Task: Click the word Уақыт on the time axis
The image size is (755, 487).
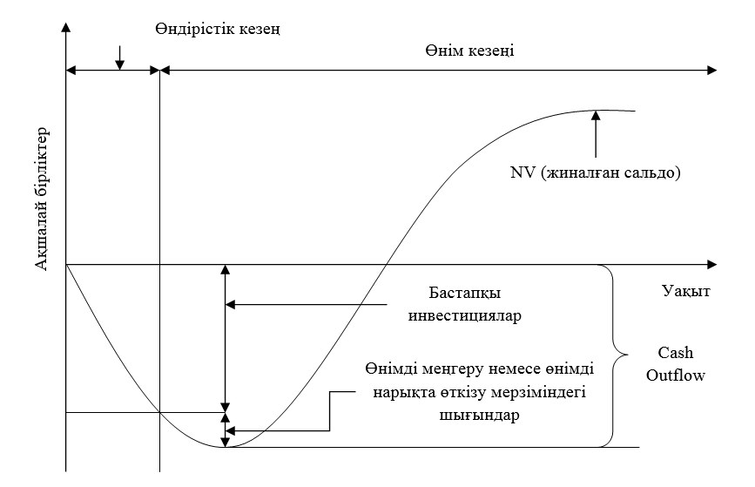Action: click(x=684, y=291)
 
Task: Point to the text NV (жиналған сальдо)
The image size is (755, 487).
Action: click(x=595, y=172)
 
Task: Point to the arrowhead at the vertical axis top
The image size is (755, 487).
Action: click(x=66, y=30)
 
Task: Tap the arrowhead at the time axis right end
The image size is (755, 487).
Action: click(x=713, y=263)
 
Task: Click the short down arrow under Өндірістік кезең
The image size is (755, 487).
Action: click(x=119, y=62)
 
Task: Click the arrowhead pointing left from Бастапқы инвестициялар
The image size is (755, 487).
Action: click(x=230, y=304)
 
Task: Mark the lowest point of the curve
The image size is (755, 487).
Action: click(x=226, y=447)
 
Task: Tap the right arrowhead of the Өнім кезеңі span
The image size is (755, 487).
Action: click(x=713, y=69)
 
